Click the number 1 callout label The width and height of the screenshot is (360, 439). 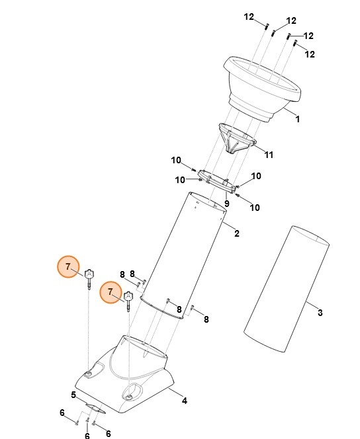pos(297,120)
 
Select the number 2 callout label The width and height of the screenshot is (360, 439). pos(237,233)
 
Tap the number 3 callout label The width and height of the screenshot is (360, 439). pos(320,312)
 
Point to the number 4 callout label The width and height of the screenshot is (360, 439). pos(185,400)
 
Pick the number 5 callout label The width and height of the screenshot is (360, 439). pos(73,395)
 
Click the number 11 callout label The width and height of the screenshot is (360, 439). pos(269,155)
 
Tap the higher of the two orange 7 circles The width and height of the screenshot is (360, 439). pos(67,266)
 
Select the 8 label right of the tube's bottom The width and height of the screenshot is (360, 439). pos(206,319)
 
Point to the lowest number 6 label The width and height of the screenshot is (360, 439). pos(87,436)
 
